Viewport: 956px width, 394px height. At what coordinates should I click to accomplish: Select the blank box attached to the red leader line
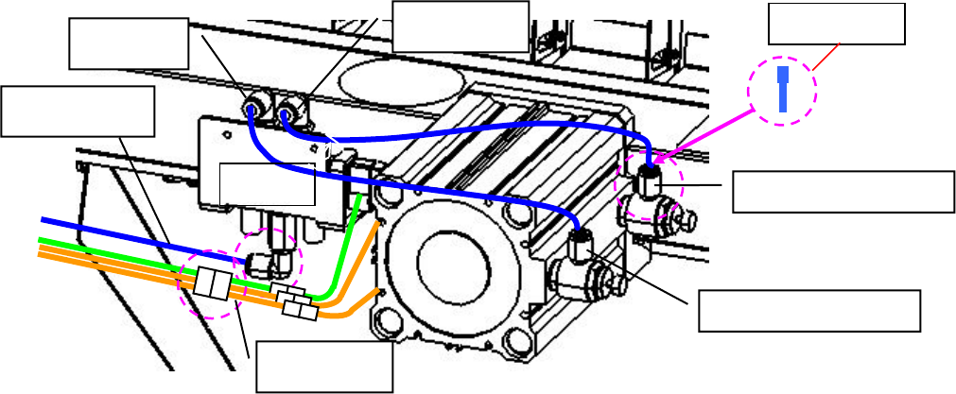tap(836, 24)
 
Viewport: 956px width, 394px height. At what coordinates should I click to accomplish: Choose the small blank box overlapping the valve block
tap(267, 183)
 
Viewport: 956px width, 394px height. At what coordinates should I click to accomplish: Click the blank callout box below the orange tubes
tap(322, 367)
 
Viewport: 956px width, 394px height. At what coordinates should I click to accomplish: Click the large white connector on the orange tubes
tap(211, 283)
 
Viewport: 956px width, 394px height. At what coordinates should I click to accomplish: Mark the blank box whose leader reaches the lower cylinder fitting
tap(809, 311)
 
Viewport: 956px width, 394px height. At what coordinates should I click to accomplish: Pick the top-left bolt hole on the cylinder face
tap(385, 196)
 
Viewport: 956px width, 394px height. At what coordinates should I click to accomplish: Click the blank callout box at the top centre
tap(460, 26)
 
